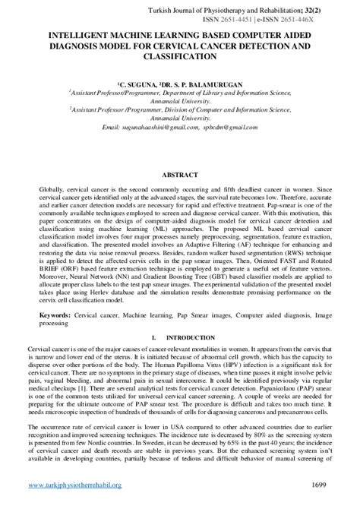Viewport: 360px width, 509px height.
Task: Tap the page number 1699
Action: coord(320,483)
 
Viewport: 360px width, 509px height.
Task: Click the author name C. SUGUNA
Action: coord(140,77)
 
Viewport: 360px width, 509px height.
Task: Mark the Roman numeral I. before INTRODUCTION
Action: coord(155,336)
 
